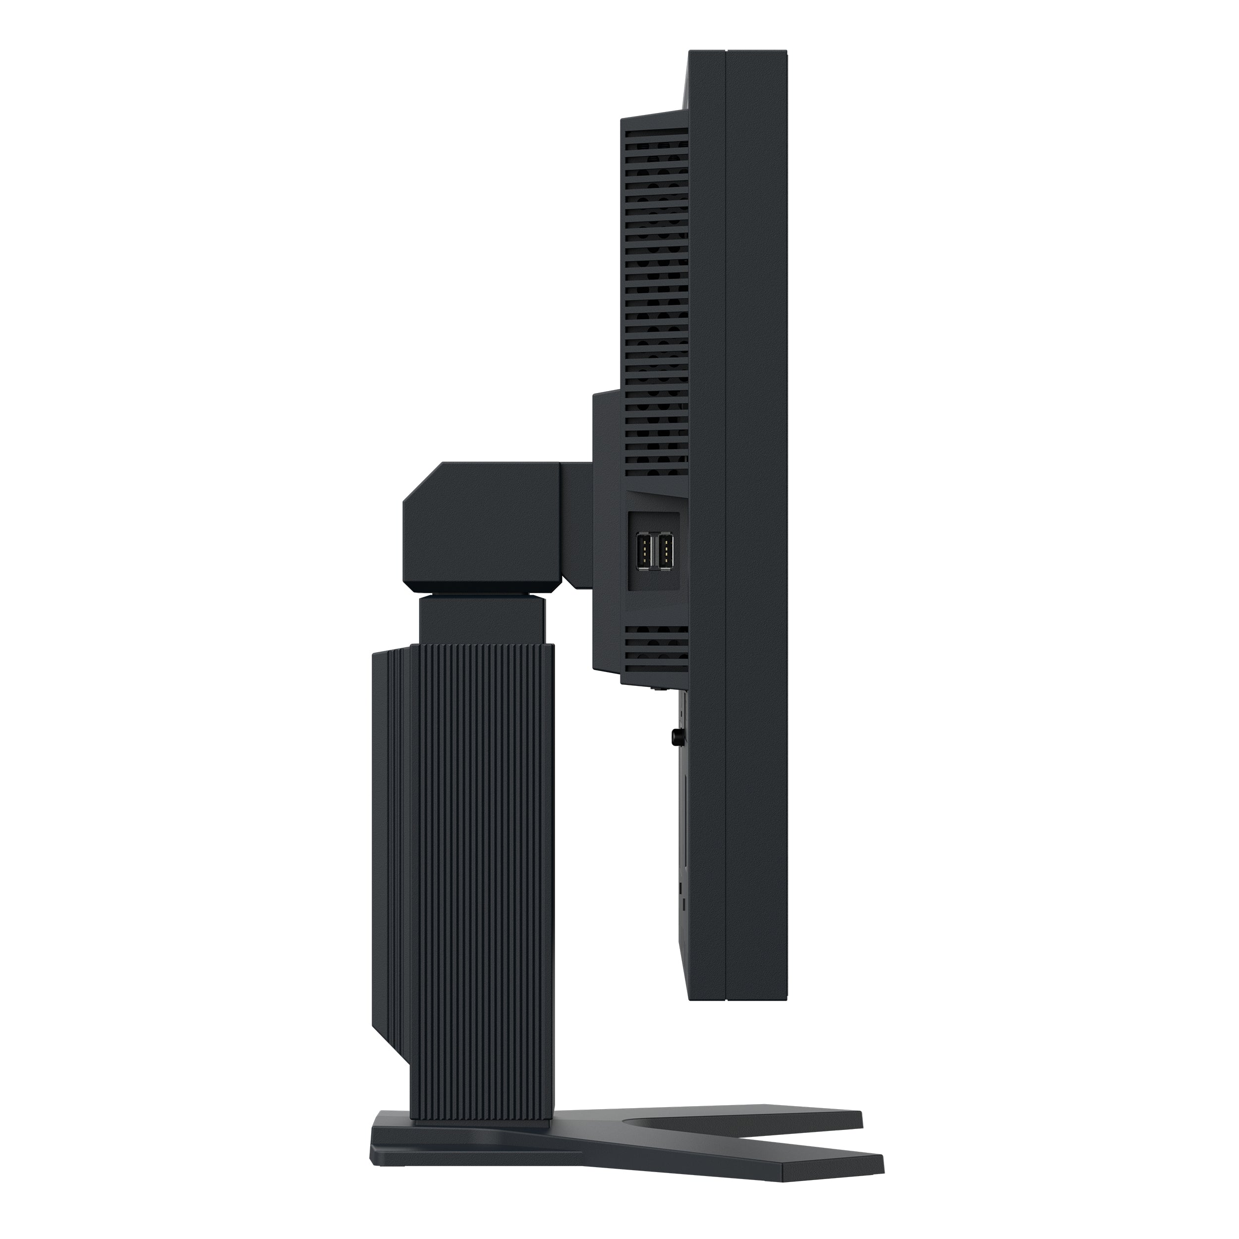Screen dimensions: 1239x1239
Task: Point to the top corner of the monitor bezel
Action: tap(757, 53)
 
